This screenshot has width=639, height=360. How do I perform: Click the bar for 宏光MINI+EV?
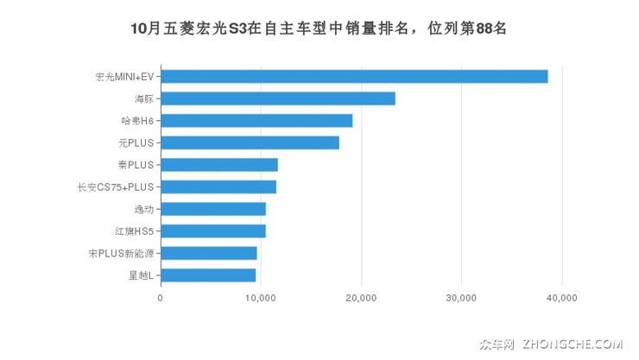click(x=354, y=76)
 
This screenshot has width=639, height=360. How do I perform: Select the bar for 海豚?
click(x=278, y=98)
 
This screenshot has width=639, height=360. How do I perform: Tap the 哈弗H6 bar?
click(x=256, y=121)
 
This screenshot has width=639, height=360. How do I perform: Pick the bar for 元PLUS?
click(x=250, y=142)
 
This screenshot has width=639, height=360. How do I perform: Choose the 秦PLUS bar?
click(x=219, y=165)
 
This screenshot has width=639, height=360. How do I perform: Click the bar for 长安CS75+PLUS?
click(x=218, y=186)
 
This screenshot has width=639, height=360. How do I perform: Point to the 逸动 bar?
click(x=213, y=209)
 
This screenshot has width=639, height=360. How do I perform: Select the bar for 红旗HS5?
click(x=213, y=231)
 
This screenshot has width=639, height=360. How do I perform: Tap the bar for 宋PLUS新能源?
click(x=209, y=253)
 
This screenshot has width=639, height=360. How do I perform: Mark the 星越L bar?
click(x=208, y=275)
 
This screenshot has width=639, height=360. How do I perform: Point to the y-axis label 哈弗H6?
click(x=137, y=121)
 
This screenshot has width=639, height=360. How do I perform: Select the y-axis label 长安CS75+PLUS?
click(x=115, y=187)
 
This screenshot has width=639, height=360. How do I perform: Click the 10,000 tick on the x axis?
click(x=261, y=298)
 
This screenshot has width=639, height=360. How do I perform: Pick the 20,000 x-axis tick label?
click(x=361, y=298)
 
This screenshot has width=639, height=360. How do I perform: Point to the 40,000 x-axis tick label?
click(x=562, y=298)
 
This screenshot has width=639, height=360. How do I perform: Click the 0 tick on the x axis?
click(x=161, y=298)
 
